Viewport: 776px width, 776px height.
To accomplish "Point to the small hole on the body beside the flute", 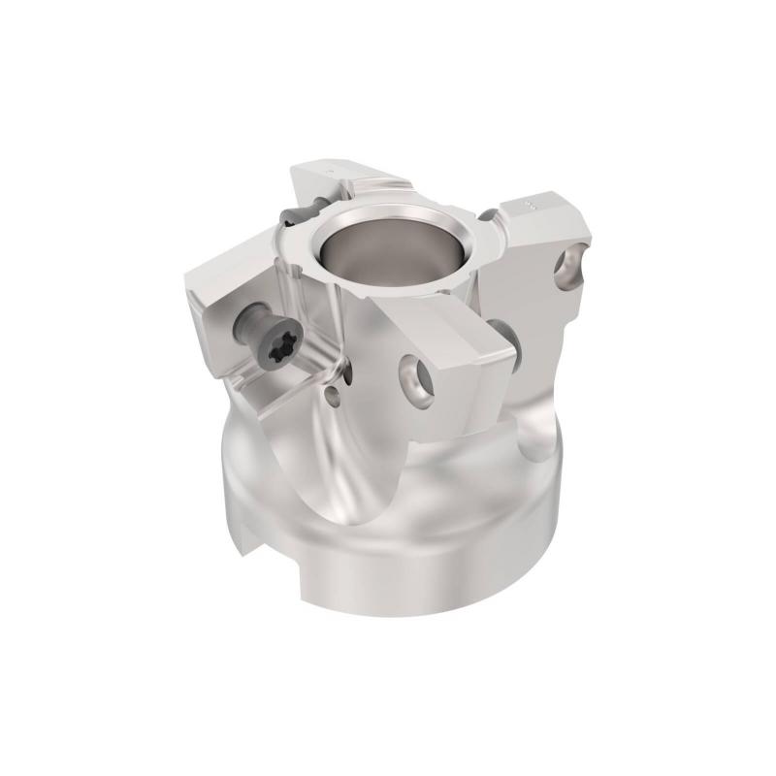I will pos(336,395).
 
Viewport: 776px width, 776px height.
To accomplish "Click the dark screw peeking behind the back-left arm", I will pos(292,215).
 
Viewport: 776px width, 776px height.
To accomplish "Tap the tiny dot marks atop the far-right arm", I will pos(529,206).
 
